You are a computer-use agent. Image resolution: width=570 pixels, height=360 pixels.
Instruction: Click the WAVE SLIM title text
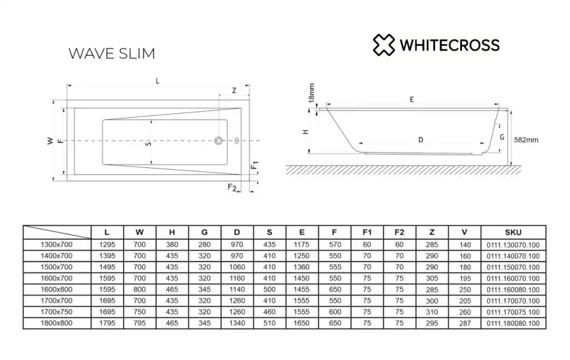[112, 53]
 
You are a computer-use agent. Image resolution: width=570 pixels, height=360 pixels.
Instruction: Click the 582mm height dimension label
[526, 140]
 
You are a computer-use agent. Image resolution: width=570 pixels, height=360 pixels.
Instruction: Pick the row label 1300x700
[57, 244]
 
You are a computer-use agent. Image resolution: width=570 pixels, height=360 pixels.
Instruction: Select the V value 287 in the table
[465, 322]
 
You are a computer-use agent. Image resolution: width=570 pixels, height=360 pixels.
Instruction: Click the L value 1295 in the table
[107, 244]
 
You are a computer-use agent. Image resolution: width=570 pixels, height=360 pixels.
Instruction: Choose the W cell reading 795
[140, 322]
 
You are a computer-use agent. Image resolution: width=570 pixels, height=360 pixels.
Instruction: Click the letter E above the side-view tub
[411, 100]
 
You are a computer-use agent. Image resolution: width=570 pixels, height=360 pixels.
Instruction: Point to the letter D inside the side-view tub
[420, 140]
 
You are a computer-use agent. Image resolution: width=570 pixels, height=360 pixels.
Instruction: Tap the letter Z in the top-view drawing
[234, 91]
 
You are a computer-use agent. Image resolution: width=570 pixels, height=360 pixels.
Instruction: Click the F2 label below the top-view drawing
[232, 188]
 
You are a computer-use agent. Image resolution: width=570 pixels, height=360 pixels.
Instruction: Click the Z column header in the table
[432, 232]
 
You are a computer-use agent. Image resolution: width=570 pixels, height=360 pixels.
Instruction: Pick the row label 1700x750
[57, 311]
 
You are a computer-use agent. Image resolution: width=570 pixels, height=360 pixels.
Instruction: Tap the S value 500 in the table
[269, 289]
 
